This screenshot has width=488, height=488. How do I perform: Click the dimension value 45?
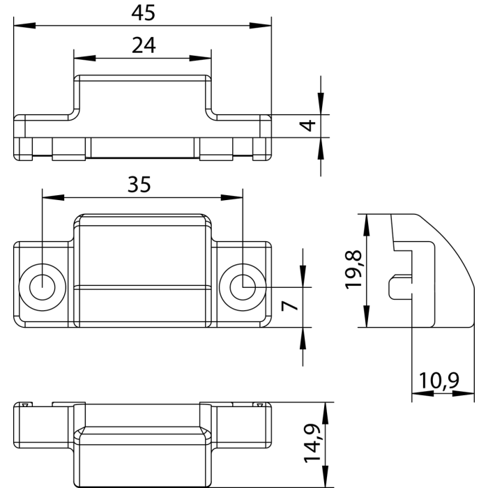coord(142,12)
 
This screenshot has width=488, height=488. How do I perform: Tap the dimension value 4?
coord(306,127)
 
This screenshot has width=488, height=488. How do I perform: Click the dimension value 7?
coord(292,305)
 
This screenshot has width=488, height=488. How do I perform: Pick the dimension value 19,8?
coord(353,270)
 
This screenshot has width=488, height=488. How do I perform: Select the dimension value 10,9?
coord(439,381)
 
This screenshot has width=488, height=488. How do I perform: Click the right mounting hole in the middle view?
coord(242,287)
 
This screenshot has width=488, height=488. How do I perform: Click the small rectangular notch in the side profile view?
coord(398,287)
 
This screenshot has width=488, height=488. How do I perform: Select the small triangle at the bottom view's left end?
coord(25,405)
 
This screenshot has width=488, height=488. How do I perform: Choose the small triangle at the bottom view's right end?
coord(259,405)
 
